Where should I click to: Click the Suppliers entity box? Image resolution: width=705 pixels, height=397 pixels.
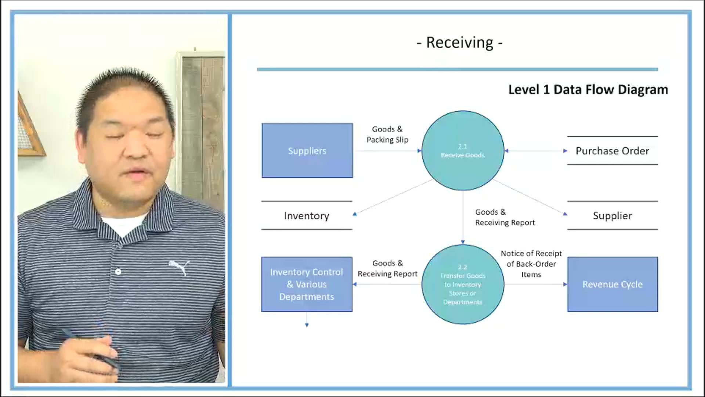[x=307, y=151]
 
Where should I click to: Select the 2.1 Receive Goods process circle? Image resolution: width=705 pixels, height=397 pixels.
[x=463, y=151]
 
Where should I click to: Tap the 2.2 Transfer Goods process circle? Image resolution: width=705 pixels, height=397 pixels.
[x=463, y=284]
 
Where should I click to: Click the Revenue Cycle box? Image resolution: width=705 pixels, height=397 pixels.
[x=612, y=284]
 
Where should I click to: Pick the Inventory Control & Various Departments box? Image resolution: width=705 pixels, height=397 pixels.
[x=307, y=284]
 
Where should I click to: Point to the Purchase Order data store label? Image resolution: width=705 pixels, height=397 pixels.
[x=612, y=151]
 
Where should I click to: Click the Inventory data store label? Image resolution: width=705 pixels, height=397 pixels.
[x=307, y=216]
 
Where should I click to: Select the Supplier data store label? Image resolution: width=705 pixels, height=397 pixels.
[x=612, y=216]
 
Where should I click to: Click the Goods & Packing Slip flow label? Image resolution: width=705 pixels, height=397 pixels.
[x=387, y=135]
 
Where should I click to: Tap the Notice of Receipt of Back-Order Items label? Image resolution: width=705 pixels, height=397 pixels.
[x=531, y=264]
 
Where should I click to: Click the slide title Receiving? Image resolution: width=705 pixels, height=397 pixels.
[x=460, y=43]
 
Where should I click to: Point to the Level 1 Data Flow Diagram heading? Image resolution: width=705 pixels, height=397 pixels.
[x=588, y=90]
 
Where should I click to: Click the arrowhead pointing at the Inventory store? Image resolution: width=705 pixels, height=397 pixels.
[x=355, y=214]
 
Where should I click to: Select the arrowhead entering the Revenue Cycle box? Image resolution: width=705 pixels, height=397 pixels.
[x=565, y=284]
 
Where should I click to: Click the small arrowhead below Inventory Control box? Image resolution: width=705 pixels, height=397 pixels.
[x=307, y=325]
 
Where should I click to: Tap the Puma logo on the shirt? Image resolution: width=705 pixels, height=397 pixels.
[x=180, y=267]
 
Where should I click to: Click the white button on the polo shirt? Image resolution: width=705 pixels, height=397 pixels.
[x=118, y=272]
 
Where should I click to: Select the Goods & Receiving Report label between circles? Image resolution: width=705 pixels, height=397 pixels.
[x=505, y=217]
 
